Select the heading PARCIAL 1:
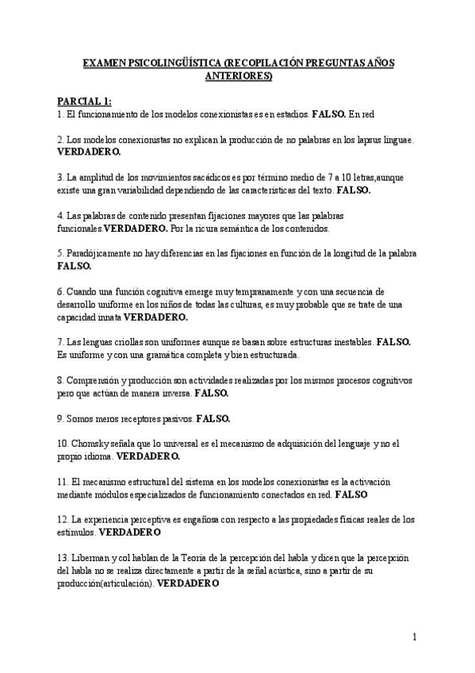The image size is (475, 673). pos(85,102)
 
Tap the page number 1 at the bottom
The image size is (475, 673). pos(415,636)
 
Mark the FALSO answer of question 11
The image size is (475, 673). pos(351,494)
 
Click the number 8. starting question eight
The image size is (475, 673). pos(61,379)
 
